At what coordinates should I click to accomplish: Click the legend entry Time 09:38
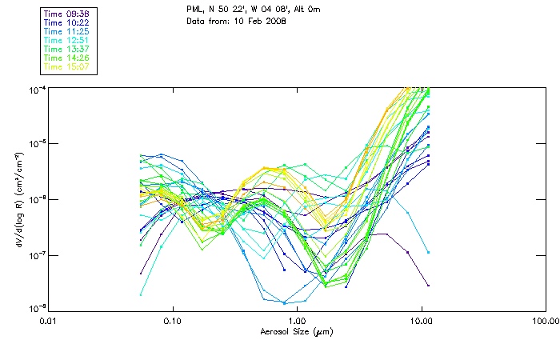click(67, 14)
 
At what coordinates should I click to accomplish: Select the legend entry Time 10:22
click(67, 22)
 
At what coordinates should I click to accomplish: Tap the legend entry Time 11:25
click(67, 31)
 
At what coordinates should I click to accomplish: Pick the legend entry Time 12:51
click(67, 40)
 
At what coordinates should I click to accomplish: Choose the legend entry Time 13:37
click(67, 49)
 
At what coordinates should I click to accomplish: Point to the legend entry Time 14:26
click(67, 58)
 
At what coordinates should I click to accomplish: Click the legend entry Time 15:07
click(67, 66)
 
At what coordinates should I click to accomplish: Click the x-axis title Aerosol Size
click(286, 330)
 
